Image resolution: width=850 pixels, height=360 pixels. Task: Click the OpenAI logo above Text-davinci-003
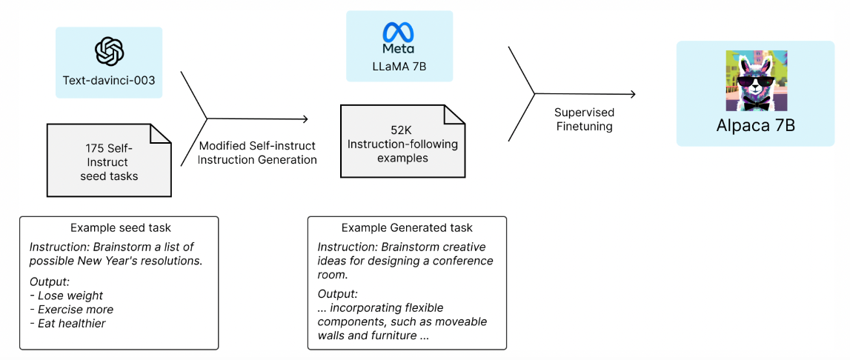point(110,51)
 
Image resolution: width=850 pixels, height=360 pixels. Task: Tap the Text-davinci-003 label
point(109,80)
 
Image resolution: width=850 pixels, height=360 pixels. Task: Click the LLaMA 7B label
point(399,66)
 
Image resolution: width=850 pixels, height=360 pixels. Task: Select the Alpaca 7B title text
point(755,124)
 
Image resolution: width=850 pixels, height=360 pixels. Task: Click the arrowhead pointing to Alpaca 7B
point(631,94)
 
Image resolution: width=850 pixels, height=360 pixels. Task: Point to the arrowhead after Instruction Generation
point(304,119)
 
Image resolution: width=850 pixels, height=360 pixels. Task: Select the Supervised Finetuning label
point(583,119)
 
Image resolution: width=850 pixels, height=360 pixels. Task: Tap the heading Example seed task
point(119,227)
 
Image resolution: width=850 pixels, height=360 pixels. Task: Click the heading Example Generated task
point(407,227)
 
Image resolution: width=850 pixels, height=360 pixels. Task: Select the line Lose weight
point(70,296)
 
